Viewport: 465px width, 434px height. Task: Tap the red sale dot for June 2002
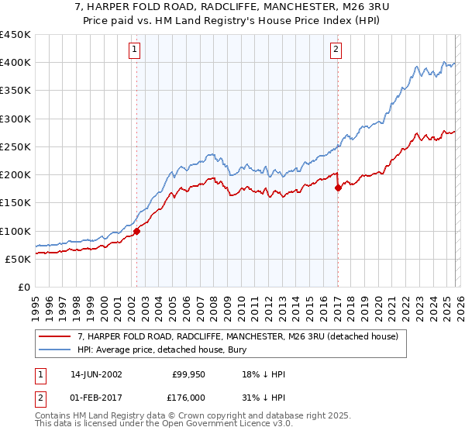click(x=136, y=230)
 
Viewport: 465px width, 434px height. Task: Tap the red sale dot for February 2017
click(x=338, y=188)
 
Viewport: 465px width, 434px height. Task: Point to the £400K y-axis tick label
click(x=15, y=63)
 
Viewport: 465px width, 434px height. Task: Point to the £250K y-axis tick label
click(x=15, y=146)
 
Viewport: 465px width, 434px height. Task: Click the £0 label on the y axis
click(x=23, y=287)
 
